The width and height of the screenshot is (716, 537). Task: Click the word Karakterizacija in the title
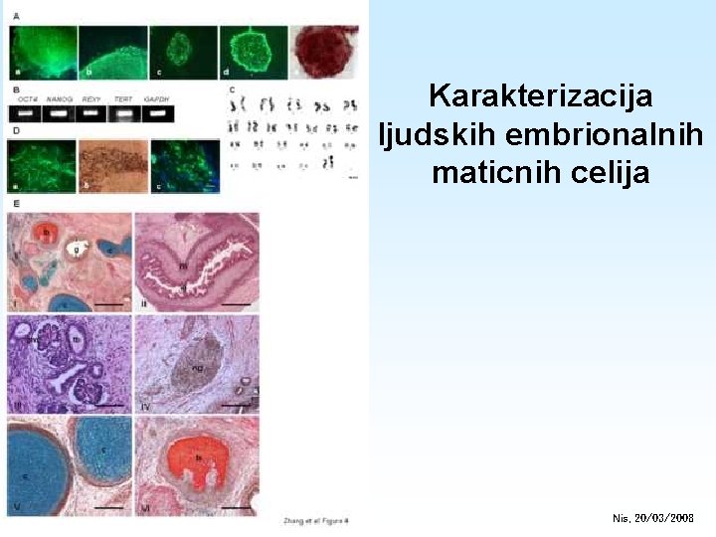pyautogui.click(x=541, y=97)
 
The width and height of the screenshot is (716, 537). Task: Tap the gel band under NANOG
pyautogui.click(x=60, y=113)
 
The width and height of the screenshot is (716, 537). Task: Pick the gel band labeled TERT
pyautogui.click(x=123, y=113)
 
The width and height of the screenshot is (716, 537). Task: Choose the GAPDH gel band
pyautogui.click(x=157, y=113)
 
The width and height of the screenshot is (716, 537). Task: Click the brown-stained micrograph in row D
pyautogui.click(x=113, y=166)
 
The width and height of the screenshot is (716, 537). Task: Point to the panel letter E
pyautogui.click(x=14, y=203)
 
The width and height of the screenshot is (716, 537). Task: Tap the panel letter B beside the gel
pyautogui.click(x=14, y=89)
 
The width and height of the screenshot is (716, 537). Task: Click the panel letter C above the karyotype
pyautogui.click(x=231, y=89)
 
